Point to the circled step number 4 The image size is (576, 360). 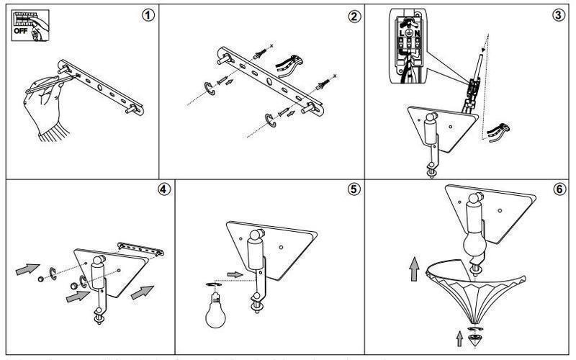164,190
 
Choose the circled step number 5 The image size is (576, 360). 353,190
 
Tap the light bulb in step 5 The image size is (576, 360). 214,310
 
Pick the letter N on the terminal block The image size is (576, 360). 417,32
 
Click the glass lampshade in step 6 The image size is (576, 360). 476,288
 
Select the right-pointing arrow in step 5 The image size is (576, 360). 235,274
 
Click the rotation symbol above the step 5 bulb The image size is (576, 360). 212,285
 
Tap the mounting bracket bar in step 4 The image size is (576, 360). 141,248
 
